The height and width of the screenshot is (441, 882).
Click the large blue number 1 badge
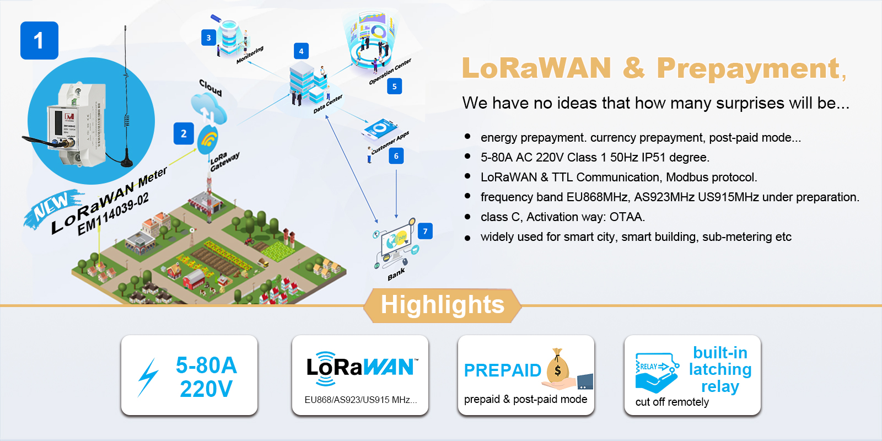[x=39, y=40]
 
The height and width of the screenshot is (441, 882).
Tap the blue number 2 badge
[x=184, y=133]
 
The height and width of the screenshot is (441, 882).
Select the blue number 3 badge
[x=208, y=37]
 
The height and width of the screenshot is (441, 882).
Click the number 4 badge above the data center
[x=301, y=51]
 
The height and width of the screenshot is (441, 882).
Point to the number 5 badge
[x=394, y=86]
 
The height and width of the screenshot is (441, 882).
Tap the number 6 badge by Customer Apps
[x=396, y=156]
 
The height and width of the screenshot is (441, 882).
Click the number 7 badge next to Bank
[x=425, y=231]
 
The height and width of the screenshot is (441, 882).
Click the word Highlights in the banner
[x=442, y=305]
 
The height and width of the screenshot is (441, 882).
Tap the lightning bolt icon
[x=148, y=377]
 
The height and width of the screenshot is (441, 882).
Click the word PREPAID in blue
[x=502, y=370]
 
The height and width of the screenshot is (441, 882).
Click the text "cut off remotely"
[x=672, y=402]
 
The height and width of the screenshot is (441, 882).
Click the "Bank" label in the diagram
[x=396, y=274]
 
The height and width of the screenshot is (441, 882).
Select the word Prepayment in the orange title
[x=748, y=68]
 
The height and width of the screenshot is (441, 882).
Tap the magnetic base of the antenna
[x=126, y=161]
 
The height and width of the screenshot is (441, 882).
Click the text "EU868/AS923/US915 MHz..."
[x=361, y=400]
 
